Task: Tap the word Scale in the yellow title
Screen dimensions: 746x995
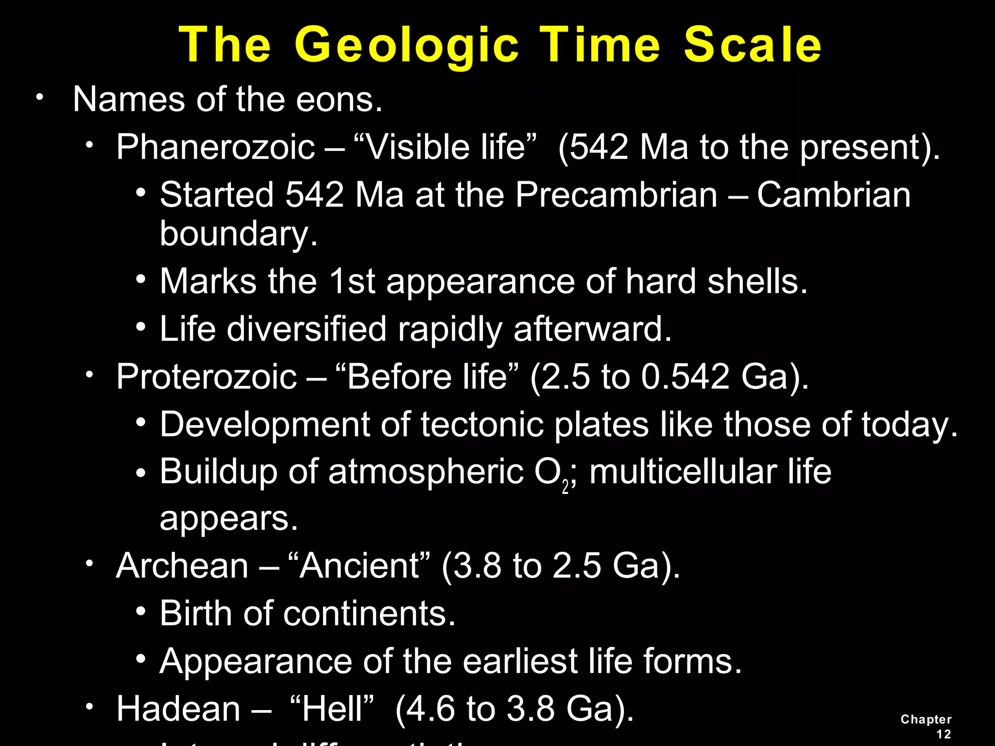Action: coord(753,45)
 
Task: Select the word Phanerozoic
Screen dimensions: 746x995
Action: coord(216,147)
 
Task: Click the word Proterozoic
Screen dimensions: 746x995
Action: coord(206,377)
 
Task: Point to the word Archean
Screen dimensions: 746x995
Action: coord(182,566)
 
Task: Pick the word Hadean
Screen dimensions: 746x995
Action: coord(178,709)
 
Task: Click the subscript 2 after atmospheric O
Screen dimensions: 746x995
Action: coord(565,487)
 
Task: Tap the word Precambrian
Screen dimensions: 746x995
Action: coord(616,195)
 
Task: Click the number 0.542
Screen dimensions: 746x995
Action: coord(685,377)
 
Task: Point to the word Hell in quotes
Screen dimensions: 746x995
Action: coord(332,709)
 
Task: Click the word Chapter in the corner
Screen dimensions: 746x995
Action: coord(926,719)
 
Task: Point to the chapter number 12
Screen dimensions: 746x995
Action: coord(944,734)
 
